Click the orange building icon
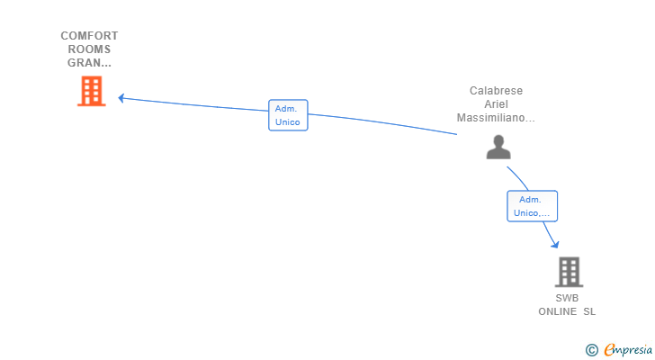[92, 91]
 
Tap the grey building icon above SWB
[569, 272]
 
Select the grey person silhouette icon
[498, 147]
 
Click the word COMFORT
[89, 36]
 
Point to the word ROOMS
[89, 49]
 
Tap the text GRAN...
[85, 63]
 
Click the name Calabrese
[496, 91]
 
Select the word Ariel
[496, 104]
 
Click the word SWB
[567, 298]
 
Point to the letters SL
[589, 311]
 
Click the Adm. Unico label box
[288, 115]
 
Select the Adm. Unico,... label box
[533, 206]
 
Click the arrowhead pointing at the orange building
[121, 98]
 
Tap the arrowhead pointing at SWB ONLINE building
[555, 244]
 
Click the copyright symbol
[591, 350]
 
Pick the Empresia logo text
[628, 350]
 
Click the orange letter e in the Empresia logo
[610, 350]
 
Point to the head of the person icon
[498, 140]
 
